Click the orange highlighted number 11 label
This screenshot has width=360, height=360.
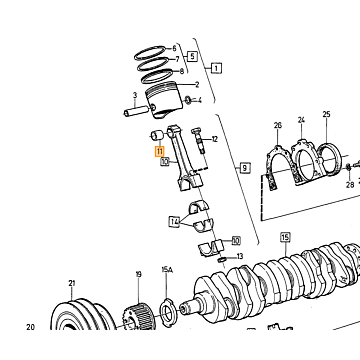(x=160, y=152)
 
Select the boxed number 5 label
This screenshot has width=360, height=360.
(x=192, y=56)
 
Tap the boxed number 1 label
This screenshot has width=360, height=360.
(x=216, y=69)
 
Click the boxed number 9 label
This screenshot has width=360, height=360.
(x=245, y=167)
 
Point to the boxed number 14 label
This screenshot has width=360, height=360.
(x=175, y=221)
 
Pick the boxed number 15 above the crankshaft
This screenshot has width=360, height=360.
(x=285, y=238)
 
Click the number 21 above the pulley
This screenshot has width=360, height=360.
(x=72, y=283)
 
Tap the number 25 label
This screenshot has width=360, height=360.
(x=326, y=114)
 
